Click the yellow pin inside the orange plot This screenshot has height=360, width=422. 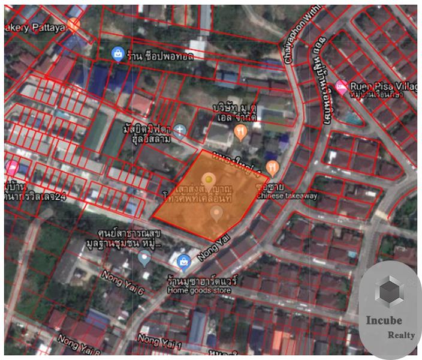coord(208,179)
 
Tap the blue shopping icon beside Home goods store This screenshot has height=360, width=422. coord(183,260)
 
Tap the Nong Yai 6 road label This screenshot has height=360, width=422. coord(123,283)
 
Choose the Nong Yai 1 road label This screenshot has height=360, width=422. coord(160,340)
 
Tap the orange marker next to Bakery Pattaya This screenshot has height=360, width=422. coord(74,25)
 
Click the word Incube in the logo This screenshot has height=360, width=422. coord(384,320)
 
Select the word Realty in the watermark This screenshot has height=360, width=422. coord(401,335)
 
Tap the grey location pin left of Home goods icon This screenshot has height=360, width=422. coord(144,259)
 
